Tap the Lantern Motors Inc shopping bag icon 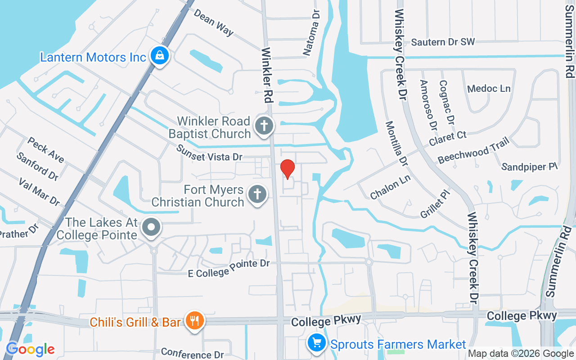tap(159, 56)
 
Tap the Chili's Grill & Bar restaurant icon tap(194, 321)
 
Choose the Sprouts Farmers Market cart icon tap(316, 343)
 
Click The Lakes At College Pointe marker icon tap(152, 227)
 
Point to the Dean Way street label tap(214, 22)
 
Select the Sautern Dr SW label tap(443, 42)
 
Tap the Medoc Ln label tap(489, 89)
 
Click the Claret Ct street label tap(448, 139)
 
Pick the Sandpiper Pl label tap(530, 166)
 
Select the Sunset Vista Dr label tap(209, 153)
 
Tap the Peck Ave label tap(46, 150)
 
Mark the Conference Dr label tap(192, 353)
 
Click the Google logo tap(30, 349)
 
